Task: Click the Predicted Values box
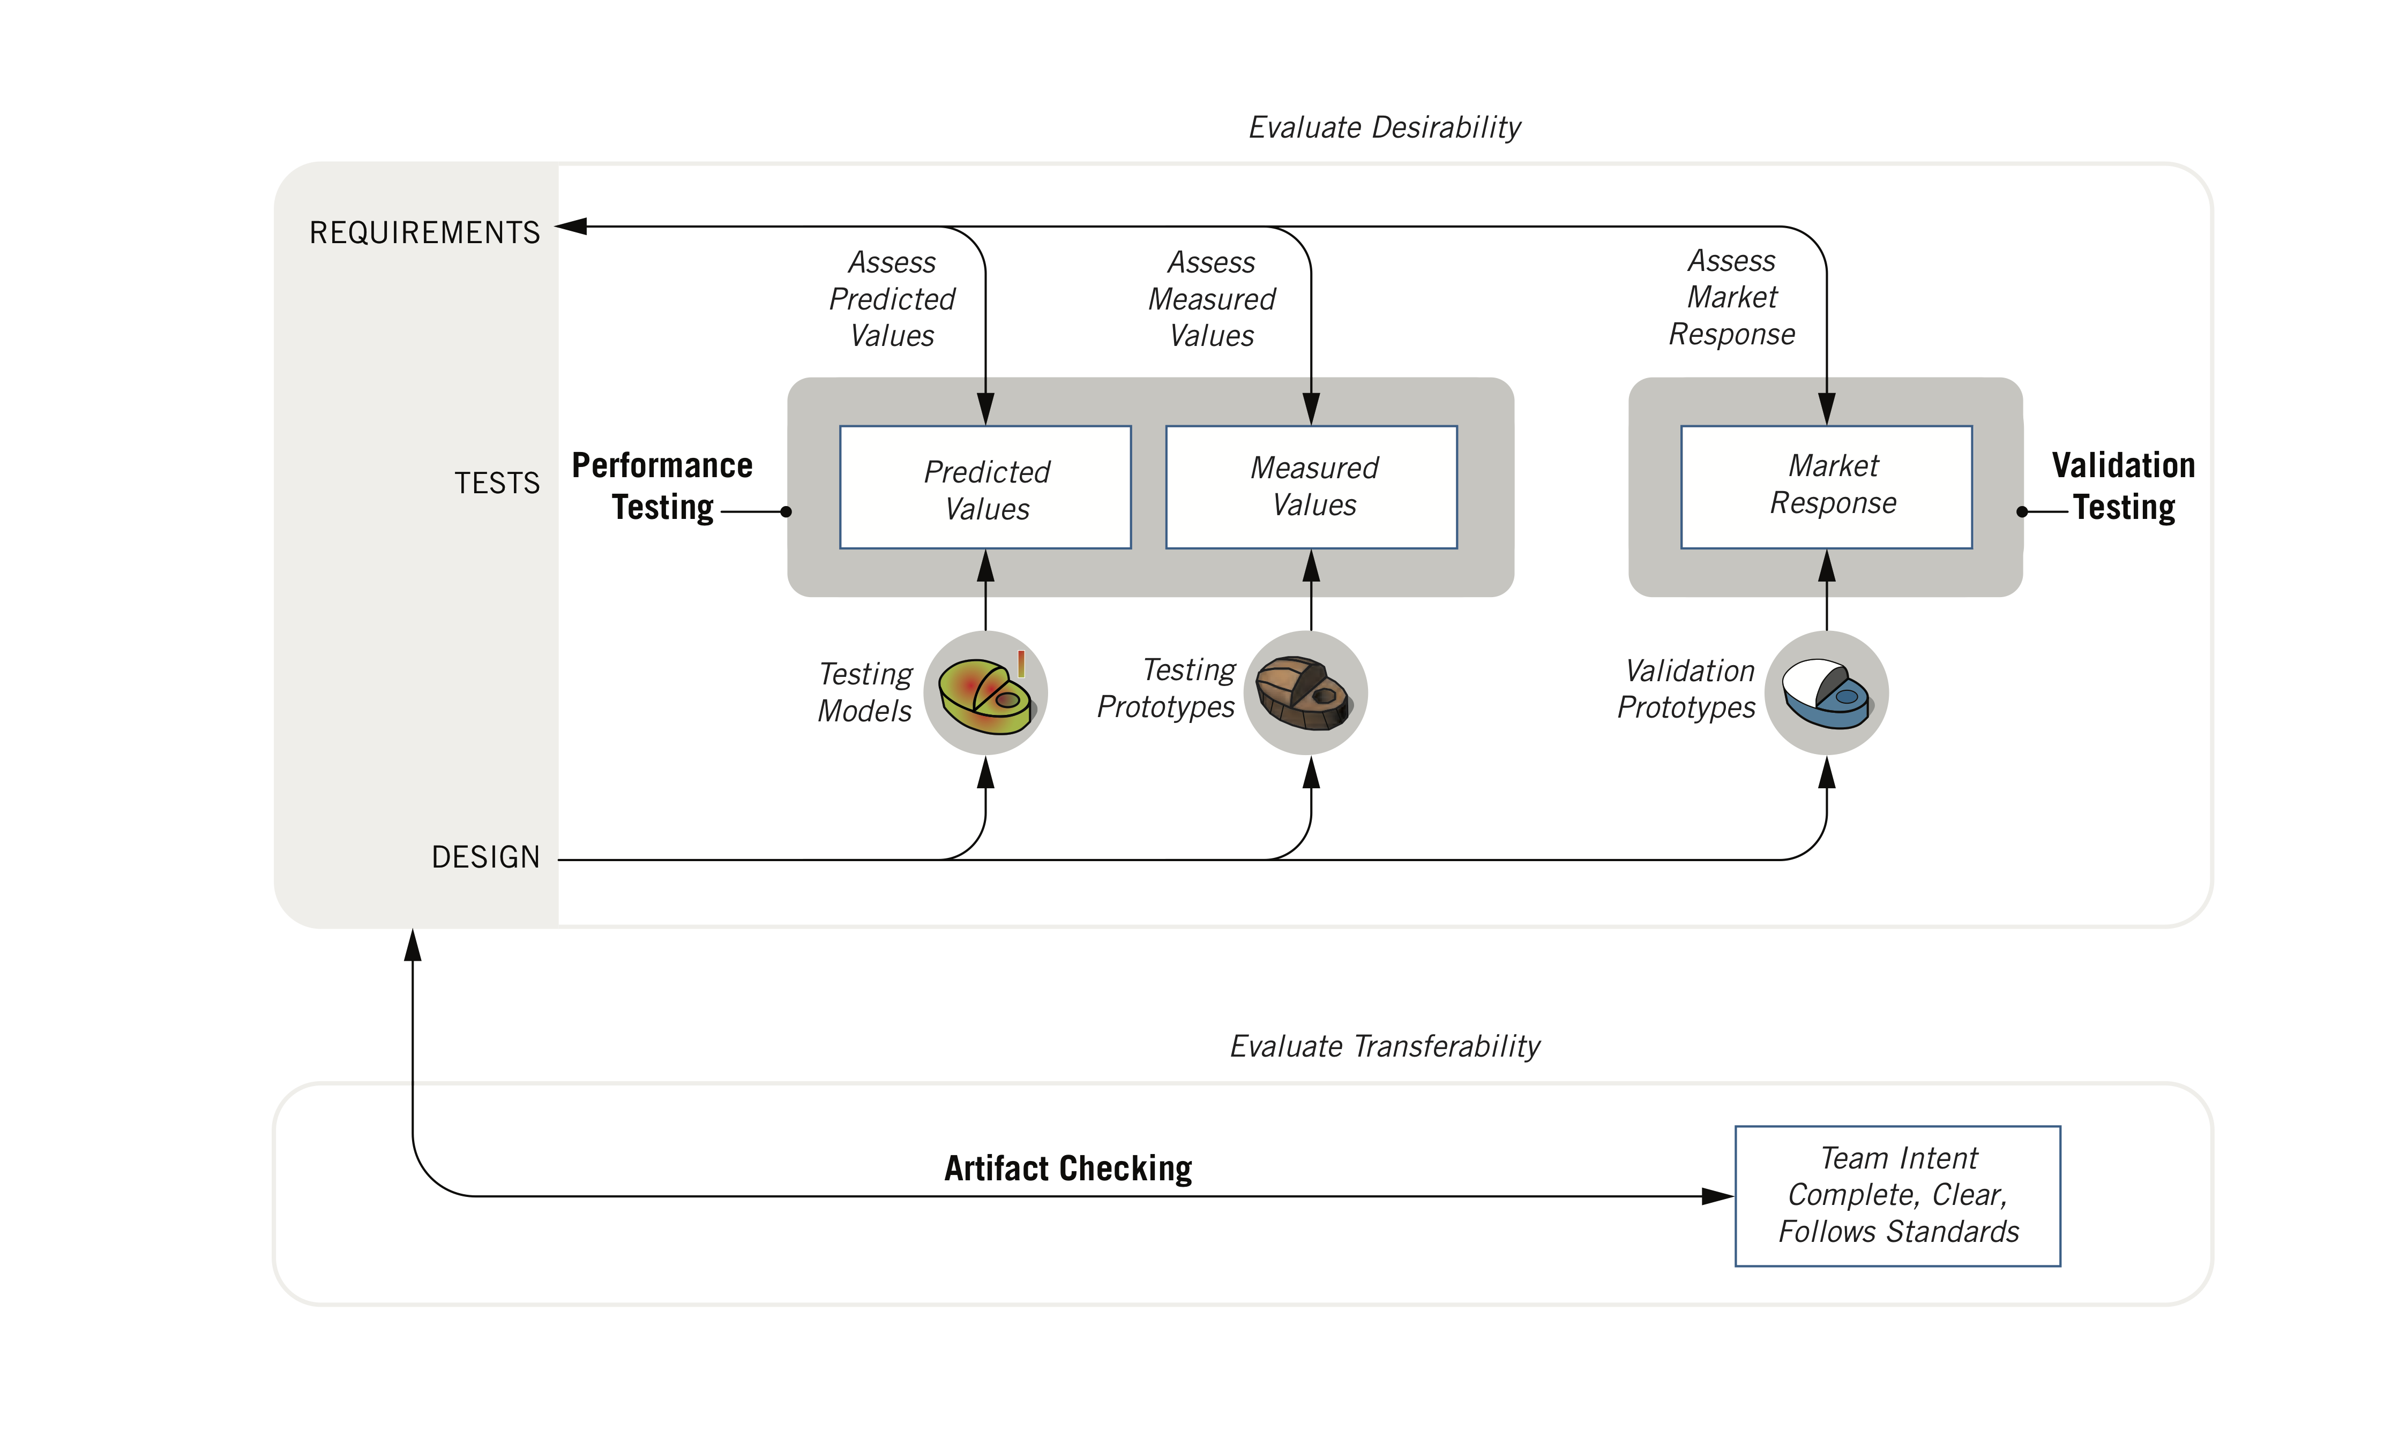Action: click(985, 487)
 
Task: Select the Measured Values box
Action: click(1312, 487)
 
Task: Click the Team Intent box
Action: click(1898, 1196)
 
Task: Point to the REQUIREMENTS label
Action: click(424, 233)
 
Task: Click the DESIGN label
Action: click(485, 857)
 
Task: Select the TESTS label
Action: click(497, 483)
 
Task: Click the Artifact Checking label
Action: click(1068, 1169)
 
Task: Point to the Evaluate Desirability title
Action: click(1384, 127)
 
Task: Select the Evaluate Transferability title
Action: click(1384, 1046)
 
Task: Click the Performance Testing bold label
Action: click(662, 486)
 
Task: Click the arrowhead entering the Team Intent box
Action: click(1718, 1196)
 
